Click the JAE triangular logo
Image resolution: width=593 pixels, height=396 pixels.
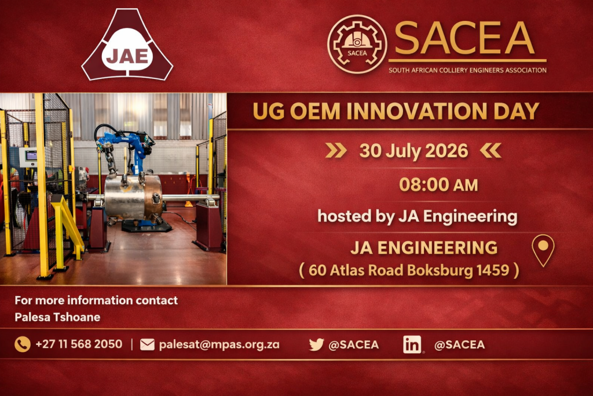(x=127, y=47)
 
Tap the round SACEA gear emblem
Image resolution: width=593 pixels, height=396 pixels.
(x=357, y=44)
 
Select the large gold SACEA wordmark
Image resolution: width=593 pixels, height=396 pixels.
(x=465, y=38)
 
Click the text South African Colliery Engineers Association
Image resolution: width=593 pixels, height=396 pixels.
(x=467, y=70)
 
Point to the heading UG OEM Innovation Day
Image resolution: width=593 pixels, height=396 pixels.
(x=396, y=111)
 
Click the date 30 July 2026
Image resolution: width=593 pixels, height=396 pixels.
(x=413, y=151)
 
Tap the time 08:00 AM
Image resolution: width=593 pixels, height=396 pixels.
(x=438, y=185)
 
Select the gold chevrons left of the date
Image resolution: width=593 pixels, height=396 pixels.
(x=336, y=150)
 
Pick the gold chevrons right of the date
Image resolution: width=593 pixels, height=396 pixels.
(x=490, y=150)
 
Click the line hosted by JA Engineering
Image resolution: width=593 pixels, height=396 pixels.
(x=417, y=216)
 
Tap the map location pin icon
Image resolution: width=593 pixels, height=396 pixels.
(x=543, y=250)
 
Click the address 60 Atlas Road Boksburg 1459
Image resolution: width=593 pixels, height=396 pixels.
(x=409, y=270)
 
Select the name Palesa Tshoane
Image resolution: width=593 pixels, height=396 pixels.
(x=57, y=317)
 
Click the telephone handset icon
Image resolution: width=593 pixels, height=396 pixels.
(x=23, y=344)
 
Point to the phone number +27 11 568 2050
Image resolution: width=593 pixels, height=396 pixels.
(x=79, y=344)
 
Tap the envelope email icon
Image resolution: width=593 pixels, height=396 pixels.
(x=148, y=344)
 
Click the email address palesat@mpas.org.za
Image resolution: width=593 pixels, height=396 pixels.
(x=219, y=344)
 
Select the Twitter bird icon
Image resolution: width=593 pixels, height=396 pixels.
(x=316, y=344)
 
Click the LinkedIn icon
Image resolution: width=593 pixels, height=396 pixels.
(x=412, y=344)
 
